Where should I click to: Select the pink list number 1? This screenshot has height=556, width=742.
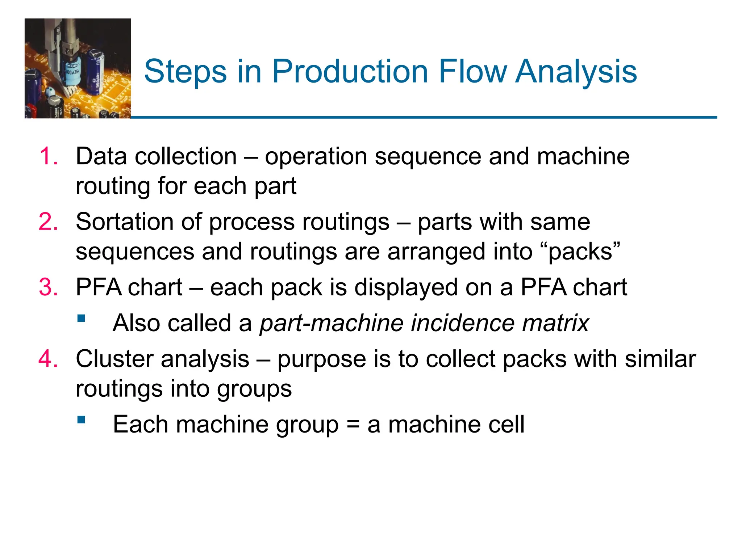tap(48, 157)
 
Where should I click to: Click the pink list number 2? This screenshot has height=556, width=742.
tap(48, 222)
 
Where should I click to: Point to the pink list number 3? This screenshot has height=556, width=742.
tap(48, 287)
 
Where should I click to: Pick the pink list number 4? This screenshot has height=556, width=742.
tap(48, 359)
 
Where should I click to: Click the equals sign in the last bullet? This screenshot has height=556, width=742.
tap(353, 425)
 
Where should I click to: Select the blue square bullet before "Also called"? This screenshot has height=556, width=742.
tap(82, 319)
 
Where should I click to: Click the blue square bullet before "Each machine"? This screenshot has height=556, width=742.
tap(82, 420)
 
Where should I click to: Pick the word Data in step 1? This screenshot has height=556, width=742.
tap(101, 156)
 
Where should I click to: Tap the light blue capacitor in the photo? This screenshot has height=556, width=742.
tap(71, 71)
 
